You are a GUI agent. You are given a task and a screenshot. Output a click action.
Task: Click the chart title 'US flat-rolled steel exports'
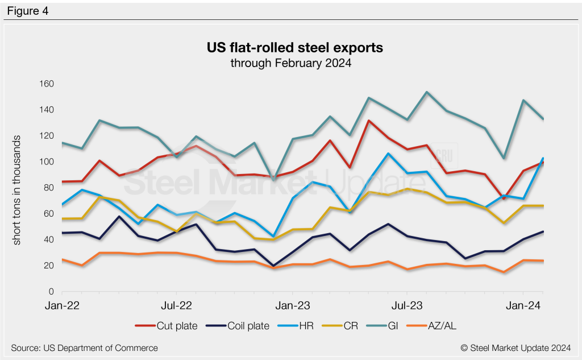point(294,48)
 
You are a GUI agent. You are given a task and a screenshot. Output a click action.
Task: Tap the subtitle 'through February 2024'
point(291,63)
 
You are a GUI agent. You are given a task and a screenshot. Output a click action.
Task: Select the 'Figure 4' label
point(28,10)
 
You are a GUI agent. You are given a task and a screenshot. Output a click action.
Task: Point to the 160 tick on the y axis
point(46,84)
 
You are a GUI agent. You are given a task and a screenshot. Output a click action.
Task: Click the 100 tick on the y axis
point(46,162)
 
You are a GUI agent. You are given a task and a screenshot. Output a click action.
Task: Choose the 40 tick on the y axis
point(48,240)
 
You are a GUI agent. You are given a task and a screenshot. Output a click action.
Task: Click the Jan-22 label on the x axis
point(62,306)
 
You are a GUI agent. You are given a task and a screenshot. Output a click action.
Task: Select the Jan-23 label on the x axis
point(292,306)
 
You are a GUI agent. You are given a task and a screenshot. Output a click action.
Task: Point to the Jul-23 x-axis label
point(407,306)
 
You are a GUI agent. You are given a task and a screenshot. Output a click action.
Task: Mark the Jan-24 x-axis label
point(522,306)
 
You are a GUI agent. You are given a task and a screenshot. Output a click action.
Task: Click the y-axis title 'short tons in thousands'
point(17,191)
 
